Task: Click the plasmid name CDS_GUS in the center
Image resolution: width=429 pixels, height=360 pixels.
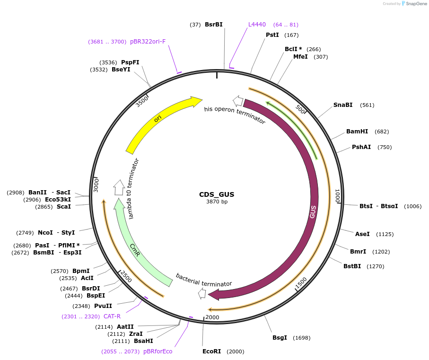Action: click(217, 194)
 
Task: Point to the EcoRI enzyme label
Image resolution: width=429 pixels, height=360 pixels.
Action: click(211, 351)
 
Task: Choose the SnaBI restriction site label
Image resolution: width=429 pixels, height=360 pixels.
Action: click(343, 105)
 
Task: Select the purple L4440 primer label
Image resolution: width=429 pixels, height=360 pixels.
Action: click(257, 25)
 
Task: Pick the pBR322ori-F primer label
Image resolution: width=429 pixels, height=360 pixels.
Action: click(148, 42)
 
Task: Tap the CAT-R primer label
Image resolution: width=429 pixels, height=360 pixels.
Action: click(112, 316)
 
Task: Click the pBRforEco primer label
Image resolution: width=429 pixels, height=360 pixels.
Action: click(158, 351)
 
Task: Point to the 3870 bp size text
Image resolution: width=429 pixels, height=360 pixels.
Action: click(217, 202)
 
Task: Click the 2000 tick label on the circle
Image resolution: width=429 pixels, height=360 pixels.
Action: click(212, 317)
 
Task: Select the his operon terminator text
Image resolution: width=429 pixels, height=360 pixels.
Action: click(235, 115)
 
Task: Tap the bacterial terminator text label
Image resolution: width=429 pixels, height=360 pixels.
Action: click(204, 280)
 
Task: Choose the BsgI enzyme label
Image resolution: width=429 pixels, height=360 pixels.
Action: click(280, 338)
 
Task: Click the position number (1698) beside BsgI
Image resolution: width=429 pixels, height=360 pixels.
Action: click(302, 338)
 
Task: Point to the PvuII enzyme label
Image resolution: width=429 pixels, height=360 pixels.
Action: click(103, 306)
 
